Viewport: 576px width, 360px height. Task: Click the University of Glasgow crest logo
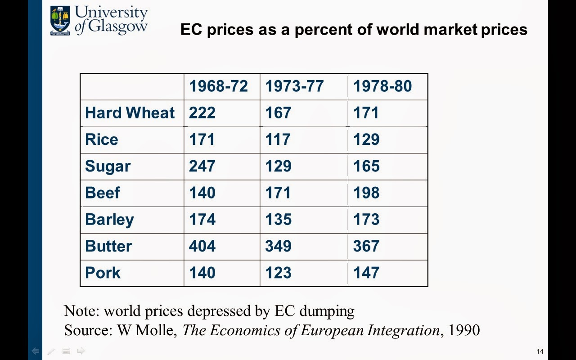coord(60,20)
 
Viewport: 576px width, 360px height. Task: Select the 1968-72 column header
coord(218,86)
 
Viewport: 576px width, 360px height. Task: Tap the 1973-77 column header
coord(294,86)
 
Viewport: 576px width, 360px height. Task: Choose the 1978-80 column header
coord(382,86)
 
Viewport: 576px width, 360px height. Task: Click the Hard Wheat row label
coord(130,112)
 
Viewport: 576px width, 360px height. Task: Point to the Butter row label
coord(108,246)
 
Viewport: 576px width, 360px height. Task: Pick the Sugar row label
coord(108,166)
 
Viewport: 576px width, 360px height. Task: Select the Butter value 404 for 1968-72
coord(202,246)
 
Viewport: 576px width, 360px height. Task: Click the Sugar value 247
coord(202,166)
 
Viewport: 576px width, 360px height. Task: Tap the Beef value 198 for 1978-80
coord(366,193)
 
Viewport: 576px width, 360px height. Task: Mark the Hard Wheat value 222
coord(202,112)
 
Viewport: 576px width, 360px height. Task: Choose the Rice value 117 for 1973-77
coord(278,139)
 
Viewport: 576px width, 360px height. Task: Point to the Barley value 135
coord(278,220)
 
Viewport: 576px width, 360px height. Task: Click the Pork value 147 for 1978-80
coord(366,273)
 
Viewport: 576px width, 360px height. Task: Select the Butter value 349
coord(278,246)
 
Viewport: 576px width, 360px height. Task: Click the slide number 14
coord(540,351)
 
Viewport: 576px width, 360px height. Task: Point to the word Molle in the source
coord(159,330)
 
